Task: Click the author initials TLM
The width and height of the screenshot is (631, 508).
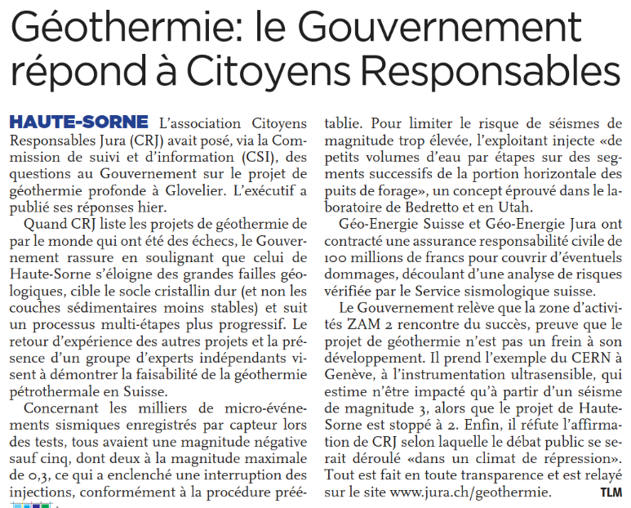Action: (610, 493)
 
